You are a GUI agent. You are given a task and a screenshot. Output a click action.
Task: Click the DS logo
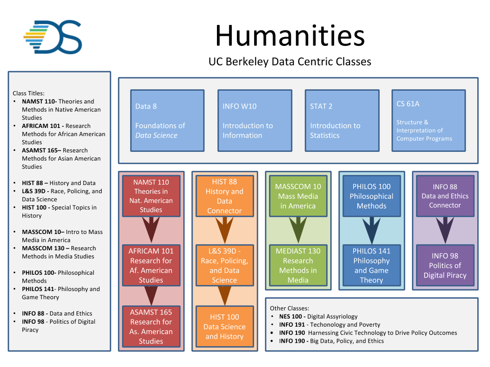pos(53,37)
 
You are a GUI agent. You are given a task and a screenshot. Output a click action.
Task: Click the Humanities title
pos(289,36)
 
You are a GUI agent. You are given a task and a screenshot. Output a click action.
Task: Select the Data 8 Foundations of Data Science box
pos(167,121)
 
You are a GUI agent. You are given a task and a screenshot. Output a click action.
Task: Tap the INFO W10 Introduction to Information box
pos(254,121)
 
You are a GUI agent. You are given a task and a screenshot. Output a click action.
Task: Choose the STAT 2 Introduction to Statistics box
pos(341,121)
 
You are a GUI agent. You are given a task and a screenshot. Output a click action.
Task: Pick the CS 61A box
pos(428,121)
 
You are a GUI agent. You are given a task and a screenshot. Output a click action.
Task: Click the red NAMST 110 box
pos(151,196)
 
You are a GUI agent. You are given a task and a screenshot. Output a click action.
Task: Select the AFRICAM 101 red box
pos(151,265)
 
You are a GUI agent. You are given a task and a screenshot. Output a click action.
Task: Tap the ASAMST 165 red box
pos(151,326)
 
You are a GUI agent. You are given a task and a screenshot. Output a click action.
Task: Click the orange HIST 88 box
pos(225,196)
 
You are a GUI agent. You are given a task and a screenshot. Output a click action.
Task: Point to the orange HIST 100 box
pos(225,327)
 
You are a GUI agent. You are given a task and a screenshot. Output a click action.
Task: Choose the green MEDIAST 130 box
pos(298,265)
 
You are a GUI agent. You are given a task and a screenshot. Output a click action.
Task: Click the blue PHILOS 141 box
pos(372,265)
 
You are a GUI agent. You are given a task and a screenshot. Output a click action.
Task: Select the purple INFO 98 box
pos(445,265)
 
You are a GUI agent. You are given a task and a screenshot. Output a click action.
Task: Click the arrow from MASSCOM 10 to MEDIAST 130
pos(298,229)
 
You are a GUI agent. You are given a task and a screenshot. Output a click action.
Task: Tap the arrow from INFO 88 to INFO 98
pos(445,229)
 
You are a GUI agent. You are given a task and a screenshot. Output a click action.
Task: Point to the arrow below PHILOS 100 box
pos(372,229)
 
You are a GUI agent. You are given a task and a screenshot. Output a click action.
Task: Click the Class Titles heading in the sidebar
pos(29,93)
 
